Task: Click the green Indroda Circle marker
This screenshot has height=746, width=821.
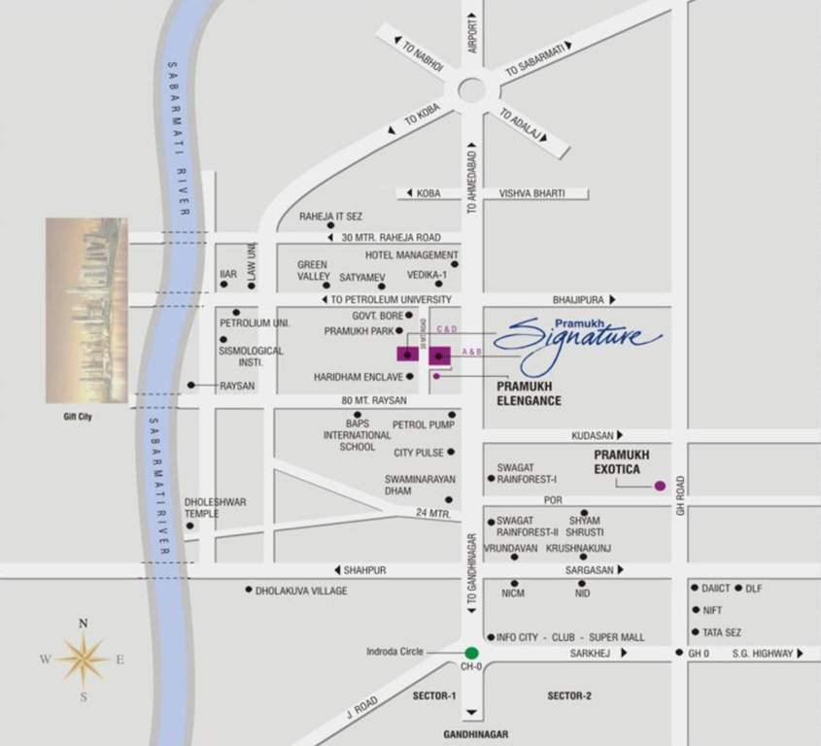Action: [471, 653]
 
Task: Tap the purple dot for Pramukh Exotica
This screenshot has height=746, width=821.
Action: [660, 486]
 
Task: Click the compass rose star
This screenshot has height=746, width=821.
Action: [84, 660]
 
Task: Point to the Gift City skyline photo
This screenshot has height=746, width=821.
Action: [86, 310]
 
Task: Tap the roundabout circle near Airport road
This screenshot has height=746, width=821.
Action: [472, 90]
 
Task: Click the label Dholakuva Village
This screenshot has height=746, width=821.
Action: [301, 590]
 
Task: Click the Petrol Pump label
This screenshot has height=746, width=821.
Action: [424, 424]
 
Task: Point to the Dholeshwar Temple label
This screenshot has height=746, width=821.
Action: [216, 508]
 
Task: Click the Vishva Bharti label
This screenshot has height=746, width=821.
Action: [531, 193]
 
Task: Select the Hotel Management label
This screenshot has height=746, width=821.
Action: [412, 254]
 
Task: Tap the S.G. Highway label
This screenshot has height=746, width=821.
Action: [763, 654]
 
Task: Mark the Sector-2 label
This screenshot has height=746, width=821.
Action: [569, 695]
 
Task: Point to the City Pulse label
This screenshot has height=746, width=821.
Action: [419, 453]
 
